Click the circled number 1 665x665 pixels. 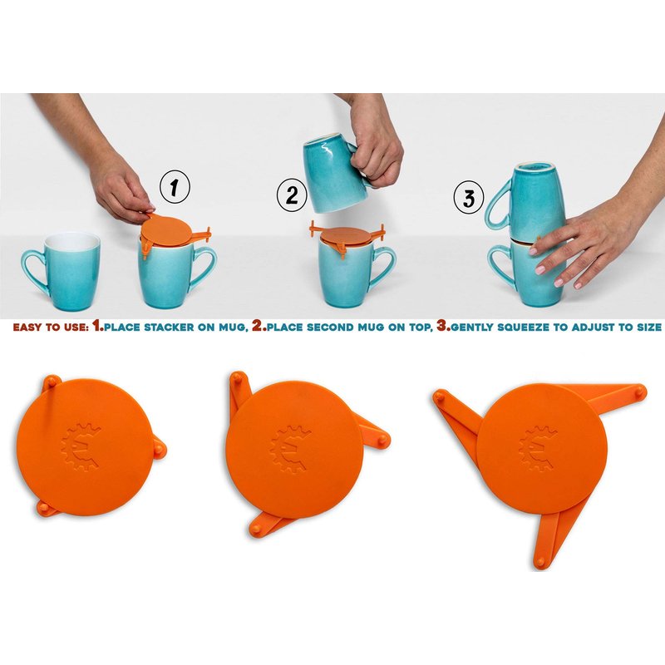pos(175,187)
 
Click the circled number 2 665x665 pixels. pos(292,196)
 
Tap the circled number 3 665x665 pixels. pos(468,197)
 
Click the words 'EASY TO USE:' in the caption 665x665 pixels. pos(51,327)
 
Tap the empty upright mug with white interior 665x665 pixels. pos(64,271)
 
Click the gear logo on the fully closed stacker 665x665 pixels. pos(81,447)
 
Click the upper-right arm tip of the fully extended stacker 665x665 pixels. pos(640,391)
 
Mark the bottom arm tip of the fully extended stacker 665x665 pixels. pos(539,563)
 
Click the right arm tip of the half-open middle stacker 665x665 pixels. pos(382,441)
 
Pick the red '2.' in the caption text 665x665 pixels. pos(259,326)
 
